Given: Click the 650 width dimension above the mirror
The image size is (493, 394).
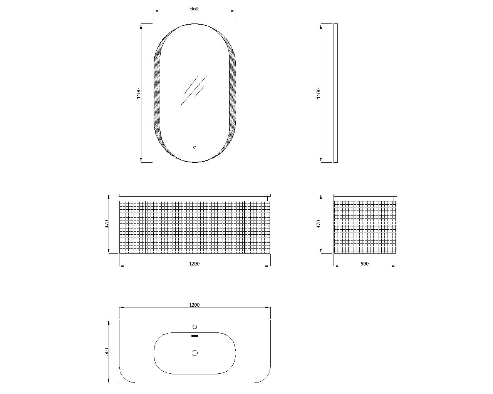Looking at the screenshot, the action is (194, 9).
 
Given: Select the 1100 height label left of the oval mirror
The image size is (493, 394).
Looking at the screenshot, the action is (138, 93).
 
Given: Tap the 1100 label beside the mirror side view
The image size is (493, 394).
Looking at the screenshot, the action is (318, 93).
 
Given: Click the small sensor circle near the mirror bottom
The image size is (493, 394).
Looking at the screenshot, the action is (195, 147).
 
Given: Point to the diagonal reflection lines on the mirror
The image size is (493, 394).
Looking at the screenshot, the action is (193, 91).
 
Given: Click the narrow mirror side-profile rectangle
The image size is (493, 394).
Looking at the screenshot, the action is (335, 93).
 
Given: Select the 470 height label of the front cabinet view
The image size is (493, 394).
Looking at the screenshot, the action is (107, 224).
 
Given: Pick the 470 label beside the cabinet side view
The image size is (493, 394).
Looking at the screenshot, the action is (318, 224).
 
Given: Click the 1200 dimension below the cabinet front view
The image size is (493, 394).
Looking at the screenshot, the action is (194, 264).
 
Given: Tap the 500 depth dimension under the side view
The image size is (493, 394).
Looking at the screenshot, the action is (364, 264).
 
